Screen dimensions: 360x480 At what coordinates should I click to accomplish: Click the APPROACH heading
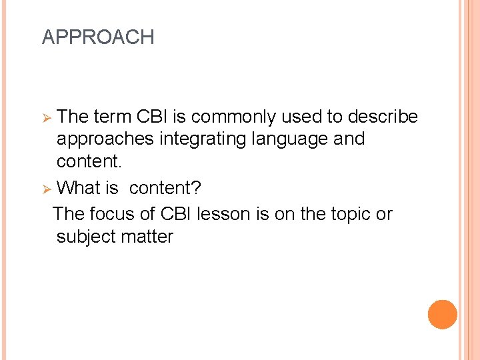click(98, 37)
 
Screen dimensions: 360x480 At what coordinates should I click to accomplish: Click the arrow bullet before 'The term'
click(47, 118)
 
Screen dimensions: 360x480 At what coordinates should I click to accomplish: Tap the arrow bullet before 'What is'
click(47, 189)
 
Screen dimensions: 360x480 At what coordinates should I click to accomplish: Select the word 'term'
click(112, 117)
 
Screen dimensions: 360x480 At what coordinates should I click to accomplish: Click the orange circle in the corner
click(442, 315)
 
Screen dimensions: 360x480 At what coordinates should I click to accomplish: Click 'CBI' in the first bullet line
click(153, 117)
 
